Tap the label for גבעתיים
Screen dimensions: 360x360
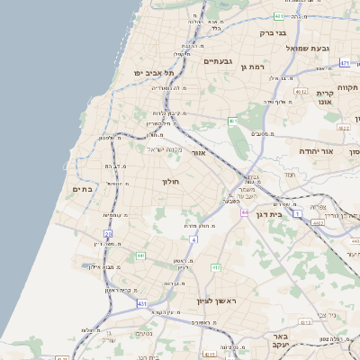point(219,60)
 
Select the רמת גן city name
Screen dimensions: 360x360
point(256,67)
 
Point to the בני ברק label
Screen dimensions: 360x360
point(272,33)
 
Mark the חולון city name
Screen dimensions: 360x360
point(171,182)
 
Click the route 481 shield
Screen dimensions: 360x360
point(280,16)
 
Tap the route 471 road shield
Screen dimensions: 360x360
point(345,63)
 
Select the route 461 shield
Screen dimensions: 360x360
point(233,120)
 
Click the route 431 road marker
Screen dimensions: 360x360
point(142,304)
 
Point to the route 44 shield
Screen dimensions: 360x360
point(245,212)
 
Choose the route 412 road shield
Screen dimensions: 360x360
point(216,267)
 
